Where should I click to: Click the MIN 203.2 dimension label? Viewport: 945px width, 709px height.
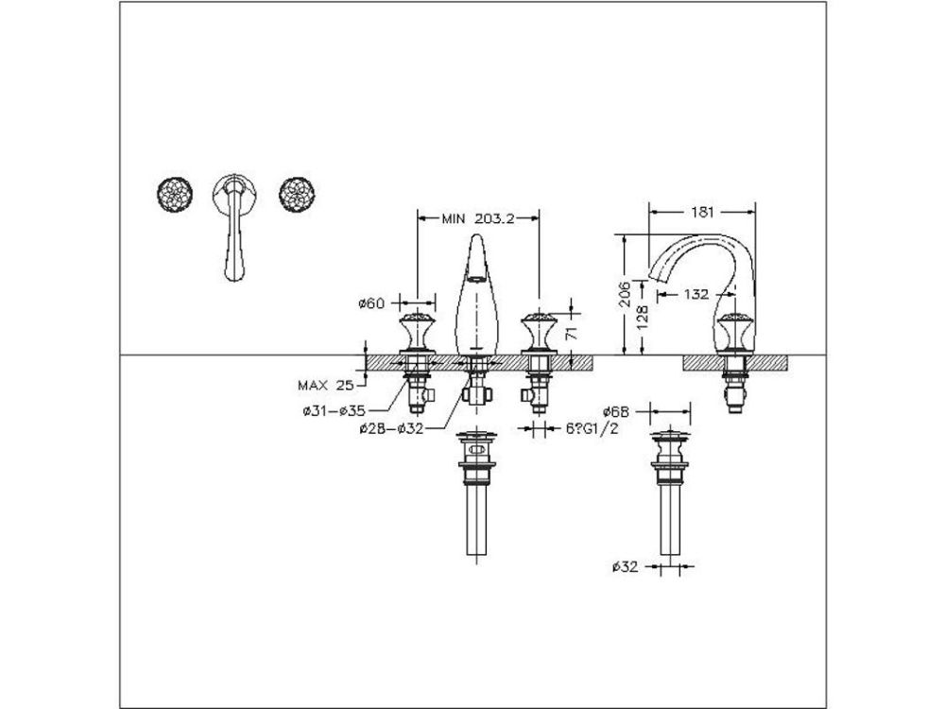[477, 218]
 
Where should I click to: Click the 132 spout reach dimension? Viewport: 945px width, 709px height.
[696, 295]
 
